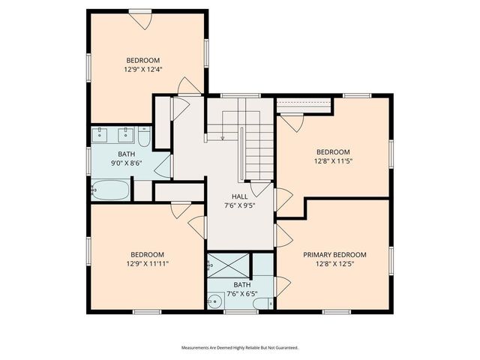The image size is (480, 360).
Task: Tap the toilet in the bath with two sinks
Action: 144,137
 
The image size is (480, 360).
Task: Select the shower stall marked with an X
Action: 229,264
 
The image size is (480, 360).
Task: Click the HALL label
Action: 239,196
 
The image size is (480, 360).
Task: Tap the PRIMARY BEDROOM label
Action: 334,254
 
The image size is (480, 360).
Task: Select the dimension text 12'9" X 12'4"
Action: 142,69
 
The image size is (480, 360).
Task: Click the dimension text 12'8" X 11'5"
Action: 333,160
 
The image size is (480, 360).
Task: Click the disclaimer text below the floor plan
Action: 239,348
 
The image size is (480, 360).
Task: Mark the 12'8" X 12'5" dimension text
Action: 334,263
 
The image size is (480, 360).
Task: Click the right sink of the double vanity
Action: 124,136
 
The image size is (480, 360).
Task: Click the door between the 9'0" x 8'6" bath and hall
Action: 163,166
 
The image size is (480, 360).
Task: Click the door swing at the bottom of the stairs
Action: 260,187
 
